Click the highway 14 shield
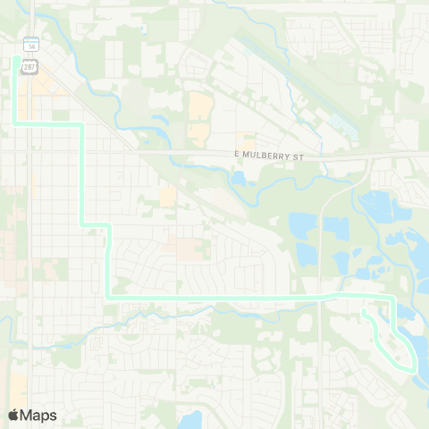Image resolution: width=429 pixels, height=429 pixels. [x=30, y=45]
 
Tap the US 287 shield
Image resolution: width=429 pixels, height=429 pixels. [x=30, y=66]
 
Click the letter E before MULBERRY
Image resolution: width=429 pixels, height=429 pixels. [x=237, y=156]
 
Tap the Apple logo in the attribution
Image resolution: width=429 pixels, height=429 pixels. [x=13, y=415]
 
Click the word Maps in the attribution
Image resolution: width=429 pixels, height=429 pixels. [x=38, y=415]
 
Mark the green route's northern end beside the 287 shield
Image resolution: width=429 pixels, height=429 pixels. [x=15, y=59]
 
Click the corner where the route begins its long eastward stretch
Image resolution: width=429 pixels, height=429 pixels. [x=108, y=295]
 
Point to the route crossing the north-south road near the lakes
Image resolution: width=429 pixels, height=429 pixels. [x=319, y=294]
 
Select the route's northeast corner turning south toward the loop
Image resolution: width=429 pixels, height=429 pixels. [x=392, y=296]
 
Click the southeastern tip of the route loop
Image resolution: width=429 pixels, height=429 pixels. [x=414, y=367]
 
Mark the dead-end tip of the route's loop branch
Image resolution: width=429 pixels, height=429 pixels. [x=365, y=313]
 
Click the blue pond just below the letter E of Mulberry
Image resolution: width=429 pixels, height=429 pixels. [x=237, y=178]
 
